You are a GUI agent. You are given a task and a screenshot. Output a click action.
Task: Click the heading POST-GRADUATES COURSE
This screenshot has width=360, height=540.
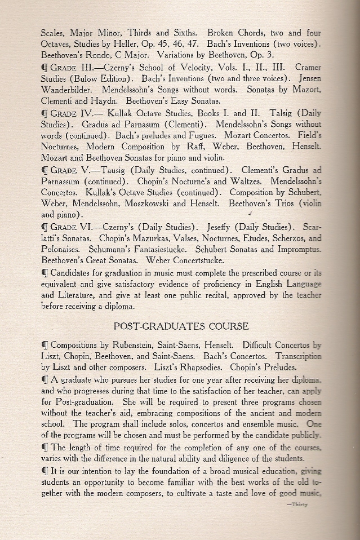181,326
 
